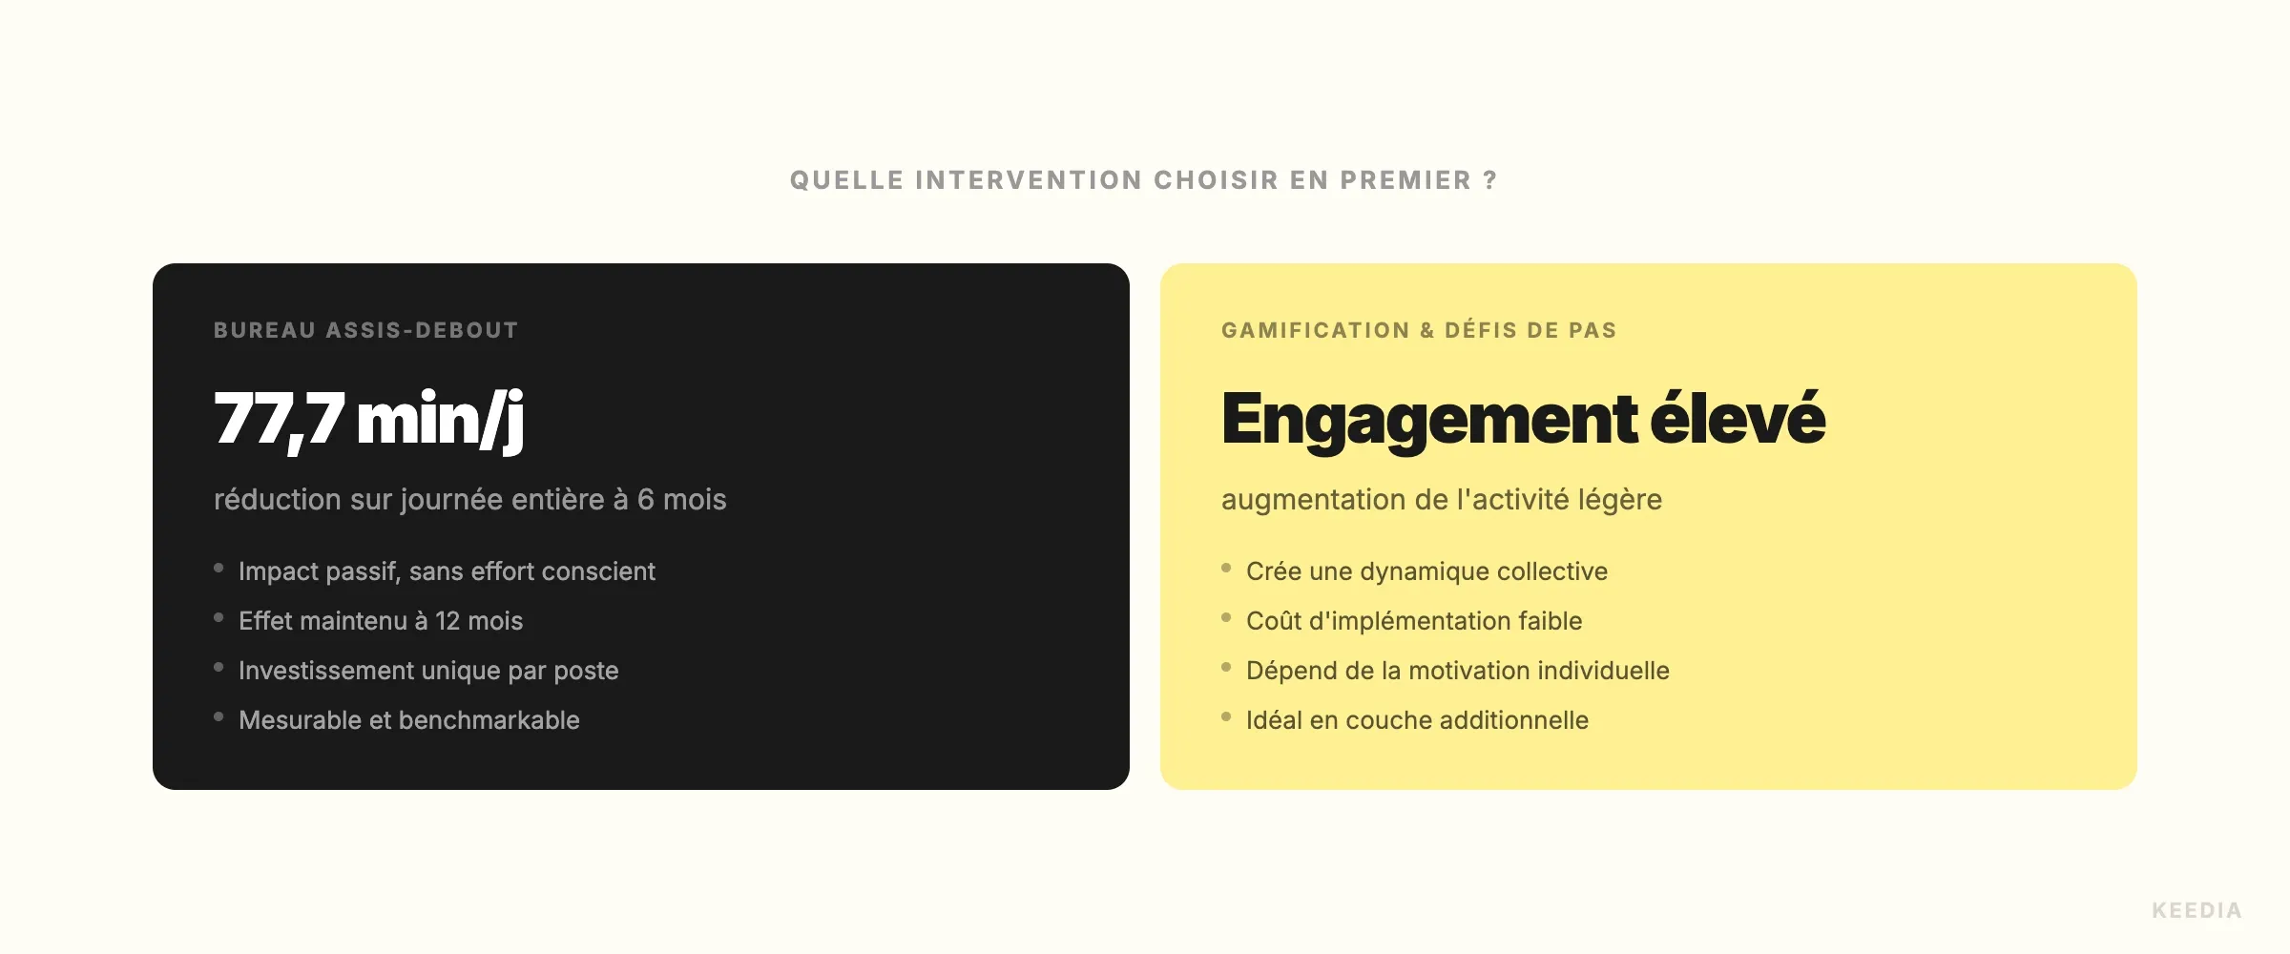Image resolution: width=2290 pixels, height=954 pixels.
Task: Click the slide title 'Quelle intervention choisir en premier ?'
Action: click(x=1144, y=180)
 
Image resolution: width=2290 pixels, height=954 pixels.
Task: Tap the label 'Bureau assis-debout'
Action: click(x=366, y=330)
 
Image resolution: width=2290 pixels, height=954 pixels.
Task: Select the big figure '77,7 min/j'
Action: click(x=369, y=420)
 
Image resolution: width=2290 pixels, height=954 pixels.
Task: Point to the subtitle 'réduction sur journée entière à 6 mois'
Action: click(x=470, y=499)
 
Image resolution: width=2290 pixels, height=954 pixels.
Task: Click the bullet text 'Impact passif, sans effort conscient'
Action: click(x=447, y=571)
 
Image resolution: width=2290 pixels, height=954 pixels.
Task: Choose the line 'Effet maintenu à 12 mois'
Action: click(x=381, y=621)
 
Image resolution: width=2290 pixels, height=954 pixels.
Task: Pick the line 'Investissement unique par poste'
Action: click(x=428, y=671)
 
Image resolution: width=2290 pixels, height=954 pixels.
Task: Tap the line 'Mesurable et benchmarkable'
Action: click(x=409, y=720)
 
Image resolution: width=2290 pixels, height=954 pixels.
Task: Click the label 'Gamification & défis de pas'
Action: click(x=1419, y=330)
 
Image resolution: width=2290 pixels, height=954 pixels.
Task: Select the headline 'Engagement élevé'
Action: click(x=1524, y=420)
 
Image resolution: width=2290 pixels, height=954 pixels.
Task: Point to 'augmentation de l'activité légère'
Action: click(x=1442, y=499)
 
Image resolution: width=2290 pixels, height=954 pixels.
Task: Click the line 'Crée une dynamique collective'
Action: click(x=1426, y=571)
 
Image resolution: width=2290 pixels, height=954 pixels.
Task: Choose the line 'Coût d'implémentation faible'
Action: click(x=1414, y=621)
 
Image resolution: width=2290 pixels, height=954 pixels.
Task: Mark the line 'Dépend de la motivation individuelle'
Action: click(x=1458, y=671)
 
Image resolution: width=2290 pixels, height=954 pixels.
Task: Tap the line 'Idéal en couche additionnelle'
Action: click(x=1417, y=720)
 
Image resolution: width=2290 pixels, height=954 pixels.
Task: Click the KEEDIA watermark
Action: click(x=2196, y=910)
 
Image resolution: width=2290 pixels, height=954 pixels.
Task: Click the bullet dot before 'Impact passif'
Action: click(x=219, y=568)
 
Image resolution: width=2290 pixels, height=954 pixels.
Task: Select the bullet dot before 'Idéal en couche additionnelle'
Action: click(x=1226, y=716)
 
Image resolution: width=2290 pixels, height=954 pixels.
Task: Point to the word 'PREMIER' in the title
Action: click(x=1405, y=180)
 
